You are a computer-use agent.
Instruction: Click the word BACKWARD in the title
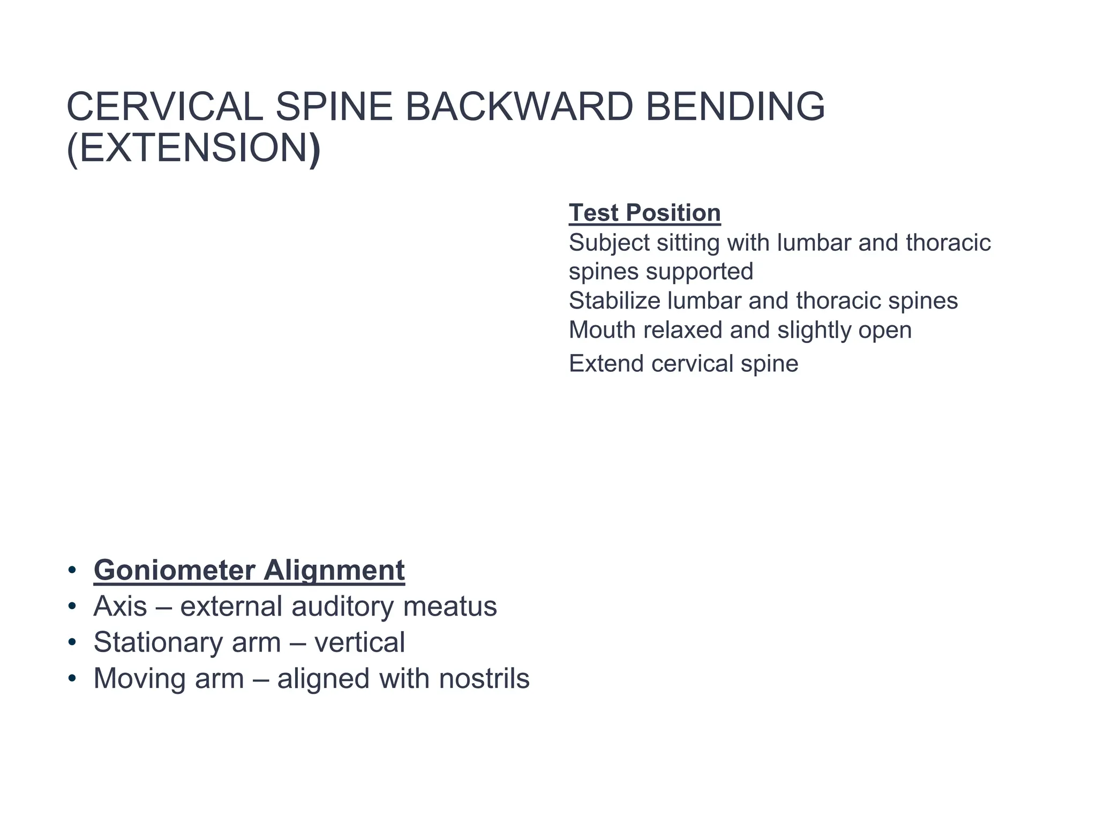519,107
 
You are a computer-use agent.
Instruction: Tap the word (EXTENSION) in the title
194,148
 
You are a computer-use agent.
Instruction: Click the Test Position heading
644,213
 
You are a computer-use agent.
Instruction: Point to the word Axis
120,607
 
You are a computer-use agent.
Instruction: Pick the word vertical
359,642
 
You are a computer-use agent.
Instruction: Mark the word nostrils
484,678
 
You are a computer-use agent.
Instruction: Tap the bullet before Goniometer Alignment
72,570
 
